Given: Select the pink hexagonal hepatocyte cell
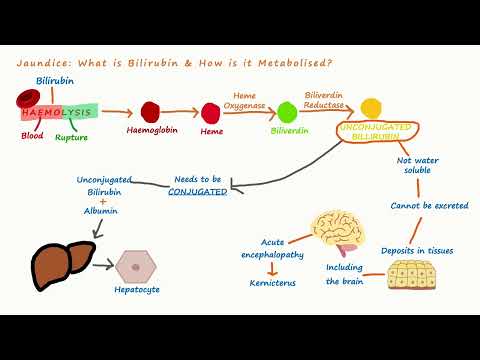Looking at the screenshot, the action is click(134, 266).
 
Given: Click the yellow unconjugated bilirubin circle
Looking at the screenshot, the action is click(371, 107).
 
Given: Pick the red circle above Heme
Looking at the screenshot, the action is click(212, 111).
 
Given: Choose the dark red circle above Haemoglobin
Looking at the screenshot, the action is click(152, 111).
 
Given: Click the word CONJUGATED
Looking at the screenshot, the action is click(198, 191).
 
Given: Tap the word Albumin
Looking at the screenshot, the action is click(104, 212).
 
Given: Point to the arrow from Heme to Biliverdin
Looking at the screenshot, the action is click(246, 112).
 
